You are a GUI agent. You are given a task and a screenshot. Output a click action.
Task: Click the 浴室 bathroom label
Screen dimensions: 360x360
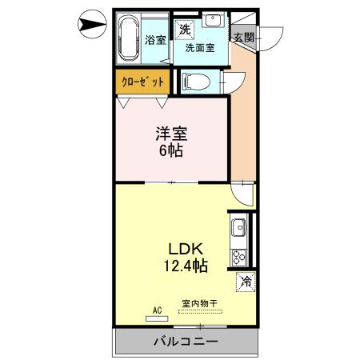154,38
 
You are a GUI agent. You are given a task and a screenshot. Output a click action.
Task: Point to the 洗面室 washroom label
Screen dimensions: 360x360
200,48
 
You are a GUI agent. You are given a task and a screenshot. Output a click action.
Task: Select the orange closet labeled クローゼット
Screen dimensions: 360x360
142,82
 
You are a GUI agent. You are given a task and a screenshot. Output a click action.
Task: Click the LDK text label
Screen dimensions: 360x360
183,247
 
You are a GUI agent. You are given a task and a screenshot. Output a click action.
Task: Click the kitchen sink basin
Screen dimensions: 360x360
238,230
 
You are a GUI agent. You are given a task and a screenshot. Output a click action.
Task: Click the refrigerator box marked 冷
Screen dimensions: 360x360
246,282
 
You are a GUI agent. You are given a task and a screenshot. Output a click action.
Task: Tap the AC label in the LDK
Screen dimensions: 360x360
156,309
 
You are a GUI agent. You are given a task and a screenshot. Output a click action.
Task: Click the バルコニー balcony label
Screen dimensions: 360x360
184,342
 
